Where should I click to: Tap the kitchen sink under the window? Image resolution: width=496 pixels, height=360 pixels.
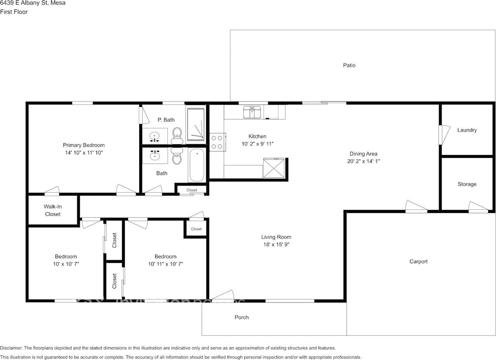coord(251,112)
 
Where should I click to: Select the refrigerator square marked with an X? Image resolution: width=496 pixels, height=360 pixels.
coord(273,168)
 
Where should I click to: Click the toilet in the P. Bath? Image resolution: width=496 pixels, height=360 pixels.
coord(177,133)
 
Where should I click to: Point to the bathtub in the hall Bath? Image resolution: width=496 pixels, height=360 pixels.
coord(197,165)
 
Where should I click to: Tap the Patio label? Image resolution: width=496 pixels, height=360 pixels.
coord(349,65)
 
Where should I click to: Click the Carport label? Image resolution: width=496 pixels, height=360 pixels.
coord(418,262)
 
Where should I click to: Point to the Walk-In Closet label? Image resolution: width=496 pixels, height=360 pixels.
coord(53,210)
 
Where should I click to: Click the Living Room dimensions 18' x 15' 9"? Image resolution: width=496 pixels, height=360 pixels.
coord(276,245)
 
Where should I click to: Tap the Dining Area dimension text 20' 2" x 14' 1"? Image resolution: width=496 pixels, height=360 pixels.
coord(363,161)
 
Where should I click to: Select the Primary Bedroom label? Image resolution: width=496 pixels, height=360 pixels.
coord(84,145)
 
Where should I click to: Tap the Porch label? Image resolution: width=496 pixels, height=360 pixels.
coord(241,317)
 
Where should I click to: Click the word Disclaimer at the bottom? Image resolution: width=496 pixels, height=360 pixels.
coord(11,348)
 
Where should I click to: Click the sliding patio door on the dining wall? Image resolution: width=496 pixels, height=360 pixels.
coord(324,103)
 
